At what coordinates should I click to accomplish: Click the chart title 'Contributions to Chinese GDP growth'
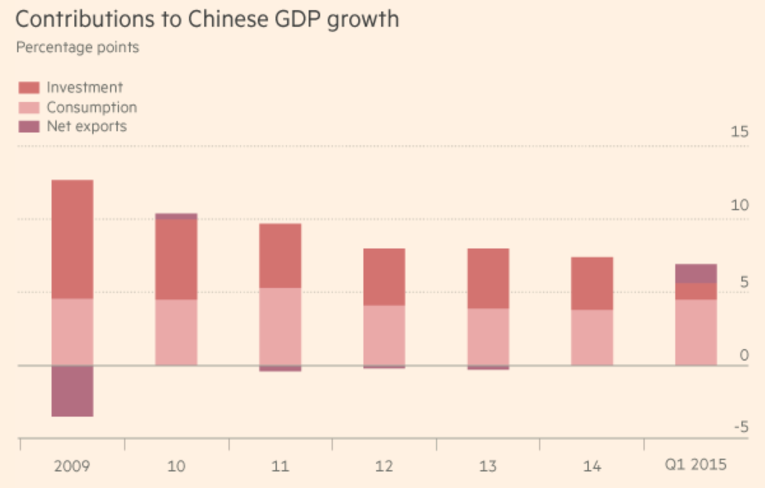[207, 19]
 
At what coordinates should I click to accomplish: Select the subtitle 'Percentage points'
[77, 48]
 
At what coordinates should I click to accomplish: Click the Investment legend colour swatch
[29, 87]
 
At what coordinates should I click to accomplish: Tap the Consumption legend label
[92, 107]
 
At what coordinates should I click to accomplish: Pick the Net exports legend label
[87, 126]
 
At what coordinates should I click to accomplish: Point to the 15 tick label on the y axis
[740, 132]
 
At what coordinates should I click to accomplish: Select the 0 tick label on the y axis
[744, 354]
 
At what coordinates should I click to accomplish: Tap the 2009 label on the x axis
[72, 466]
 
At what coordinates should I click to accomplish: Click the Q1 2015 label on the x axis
[696, 464]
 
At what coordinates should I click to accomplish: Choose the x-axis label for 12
[384, 466]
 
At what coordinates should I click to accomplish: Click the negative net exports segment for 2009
[72, 391]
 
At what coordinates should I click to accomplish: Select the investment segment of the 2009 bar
[72, 239]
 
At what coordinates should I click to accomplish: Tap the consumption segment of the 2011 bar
[280, 326]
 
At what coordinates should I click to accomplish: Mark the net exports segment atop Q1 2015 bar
[696, 273]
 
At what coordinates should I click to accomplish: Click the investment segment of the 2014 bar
[592, 283]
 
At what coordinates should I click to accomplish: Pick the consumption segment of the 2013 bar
[488, 336]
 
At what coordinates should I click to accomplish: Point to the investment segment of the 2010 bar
[176, 259]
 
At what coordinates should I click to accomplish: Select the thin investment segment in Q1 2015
[696, 291]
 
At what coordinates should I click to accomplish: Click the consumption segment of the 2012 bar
[384, 335]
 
